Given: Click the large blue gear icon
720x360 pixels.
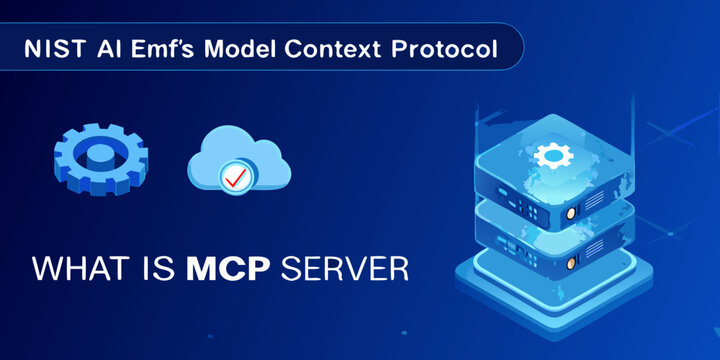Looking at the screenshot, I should coord(100,160).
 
